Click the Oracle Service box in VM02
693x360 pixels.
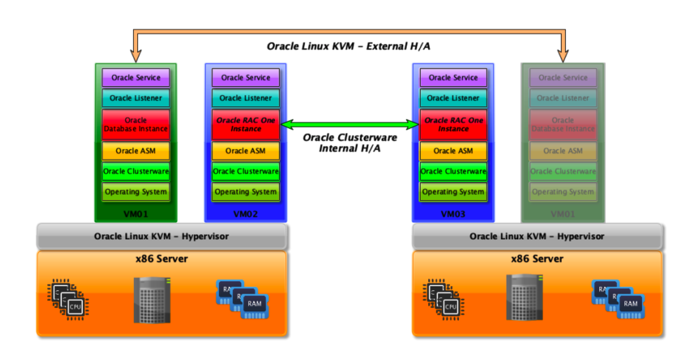coord(245,77)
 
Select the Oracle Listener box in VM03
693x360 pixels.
coord(453,98)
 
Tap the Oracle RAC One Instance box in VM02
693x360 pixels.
coord(245,125)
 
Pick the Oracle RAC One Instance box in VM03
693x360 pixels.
coord(453,125)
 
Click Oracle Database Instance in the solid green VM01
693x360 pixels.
coord(136,125)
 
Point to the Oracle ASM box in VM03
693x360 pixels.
coord(453,151)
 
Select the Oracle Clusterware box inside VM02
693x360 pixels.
coord(245,171)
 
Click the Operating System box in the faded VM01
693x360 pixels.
coord(563,192)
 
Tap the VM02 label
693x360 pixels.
coord(245,214)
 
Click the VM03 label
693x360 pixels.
coord(453,214)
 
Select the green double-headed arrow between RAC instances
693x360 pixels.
coord(350,125)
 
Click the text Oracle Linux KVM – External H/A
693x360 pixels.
coord(349,46)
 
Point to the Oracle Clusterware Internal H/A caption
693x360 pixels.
coord(350,143)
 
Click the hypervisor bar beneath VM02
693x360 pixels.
coord(162,237)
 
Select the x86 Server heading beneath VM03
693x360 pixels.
coord(537,259)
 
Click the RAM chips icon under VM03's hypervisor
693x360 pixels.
coord(618,299)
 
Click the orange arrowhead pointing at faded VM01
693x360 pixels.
coord(563,55)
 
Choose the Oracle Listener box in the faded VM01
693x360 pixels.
coord(563,98)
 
